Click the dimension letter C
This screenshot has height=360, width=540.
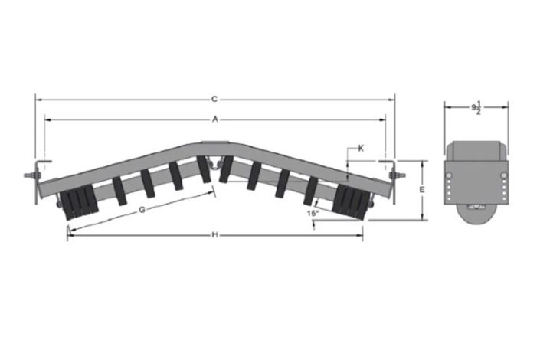pyautogui.click(x=214, y=99)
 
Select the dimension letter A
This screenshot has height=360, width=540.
pyautogui.click(x=215, y=119)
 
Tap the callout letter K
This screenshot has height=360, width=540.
pyautogui.click(x=362, y=147)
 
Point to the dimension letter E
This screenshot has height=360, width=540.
pyautogui.click(x=422, y=189)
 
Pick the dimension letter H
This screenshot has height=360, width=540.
pyautogui.click(x=214, y=234)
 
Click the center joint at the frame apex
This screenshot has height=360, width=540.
pyautogui.click(x=216, y=162)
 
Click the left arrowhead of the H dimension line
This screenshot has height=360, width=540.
pyautogui.click(x=70, y=235)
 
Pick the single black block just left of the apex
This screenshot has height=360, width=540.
pyautogui.click(x=204, y=169)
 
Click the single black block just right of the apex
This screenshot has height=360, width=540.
pyautogui.click(x=227, y=169)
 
